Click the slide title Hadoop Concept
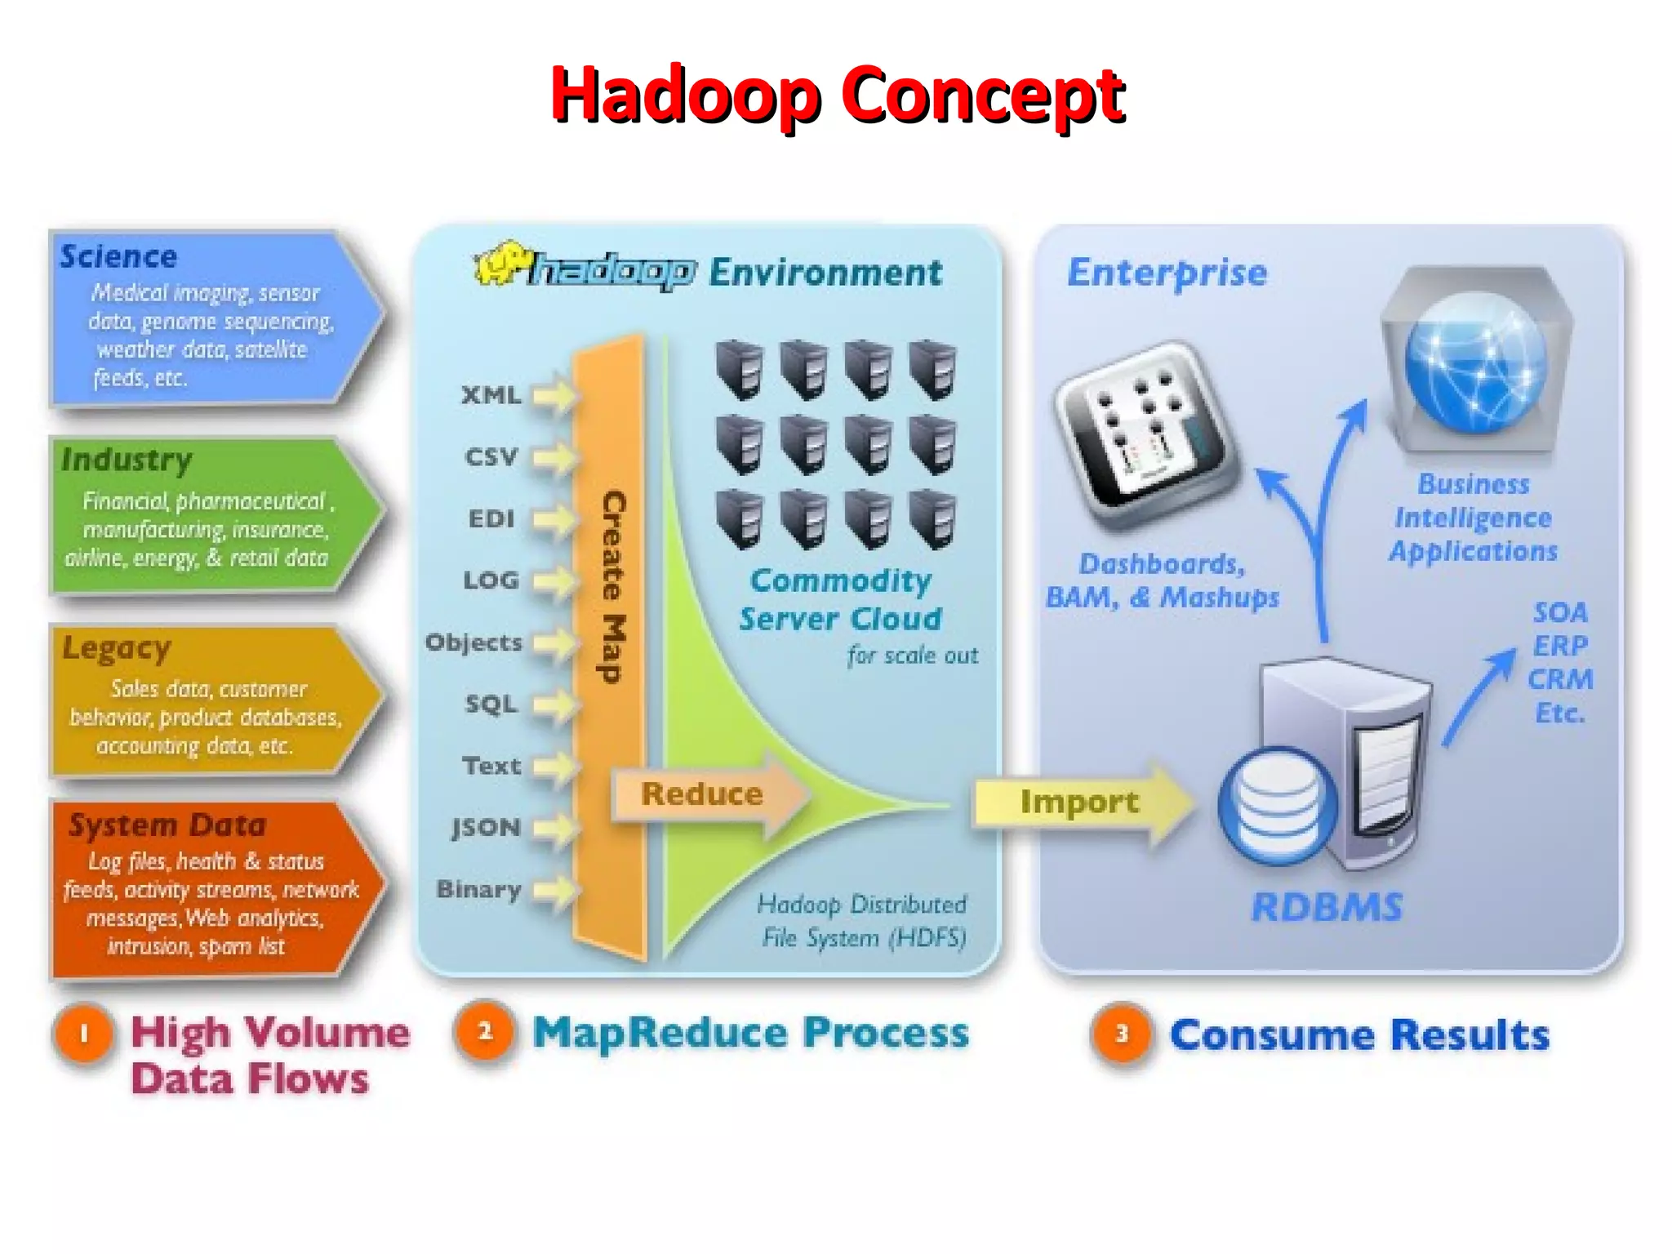[838, 96]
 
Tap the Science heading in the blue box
[119, 256]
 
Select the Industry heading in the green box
[127, 460]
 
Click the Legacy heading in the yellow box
[117, 648]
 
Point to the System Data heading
[167, 825]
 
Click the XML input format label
[491, 395]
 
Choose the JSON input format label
[487, 827]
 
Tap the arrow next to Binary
[554, 889]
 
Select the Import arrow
[1080, 802]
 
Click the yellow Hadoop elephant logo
[500, 263]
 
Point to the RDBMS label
[1327, 907]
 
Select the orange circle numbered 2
[485, 1031]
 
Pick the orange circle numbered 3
[1122, 1034]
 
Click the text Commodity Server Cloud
[840, 599]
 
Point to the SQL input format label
[491, 704]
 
